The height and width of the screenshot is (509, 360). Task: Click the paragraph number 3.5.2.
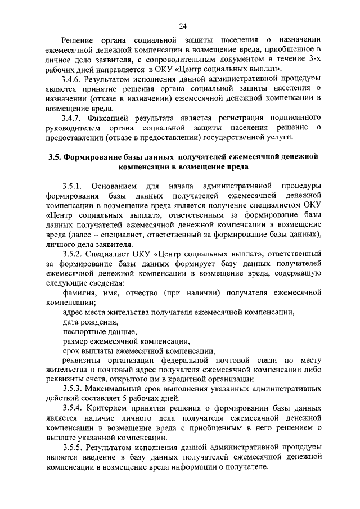coord(73,254)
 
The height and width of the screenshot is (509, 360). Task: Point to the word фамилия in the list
coord(79,293)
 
